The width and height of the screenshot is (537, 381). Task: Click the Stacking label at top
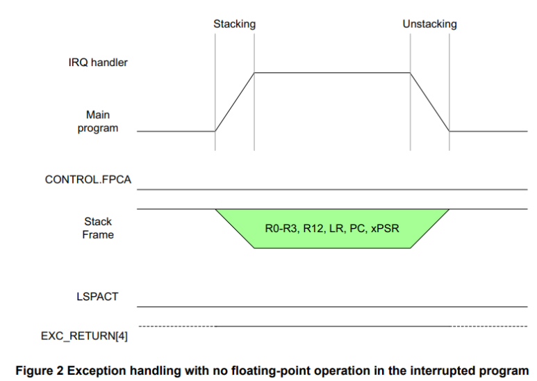[234, 24]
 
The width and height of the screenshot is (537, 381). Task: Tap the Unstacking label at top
[429, 24]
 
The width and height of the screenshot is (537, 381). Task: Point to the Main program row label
[98, 121]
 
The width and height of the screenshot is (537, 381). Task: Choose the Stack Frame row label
[98, 228]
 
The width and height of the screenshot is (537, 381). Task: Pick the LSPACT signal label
[97, 296]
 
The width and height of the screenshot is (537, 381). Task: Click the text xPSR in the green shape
[385, 227]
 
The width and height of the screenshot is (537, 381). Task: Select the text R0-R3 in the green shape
[281, 227]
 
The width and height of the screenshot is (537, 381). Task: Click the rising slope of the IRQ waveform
[235, 101]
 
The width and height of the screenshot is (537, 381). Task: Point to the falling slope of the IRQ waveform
[429, 101]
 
